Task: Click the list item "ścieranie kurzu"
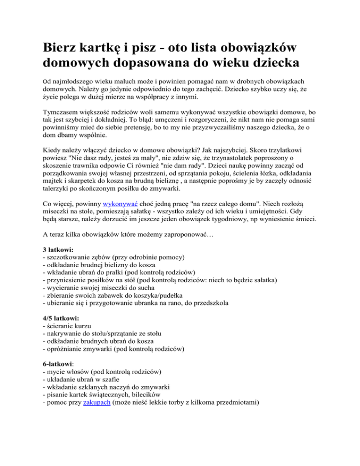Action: coord(72,328)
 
